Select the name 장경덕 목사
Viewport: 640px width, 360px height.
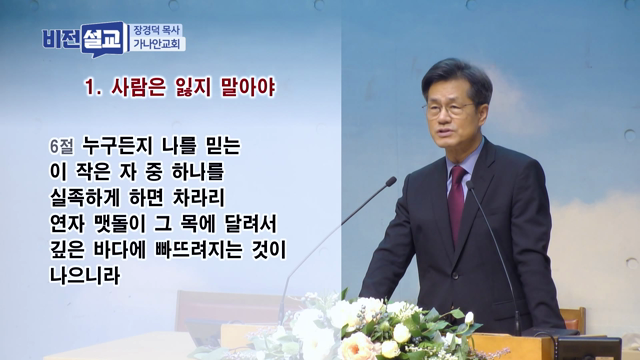pos(159,29)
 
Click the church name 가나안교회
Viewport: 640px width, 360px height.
pos(159,45)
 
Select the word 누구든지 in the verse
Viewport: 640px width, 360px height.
pos(123,144)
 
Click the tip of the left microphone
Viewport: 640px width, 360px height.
pos(392,181)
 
